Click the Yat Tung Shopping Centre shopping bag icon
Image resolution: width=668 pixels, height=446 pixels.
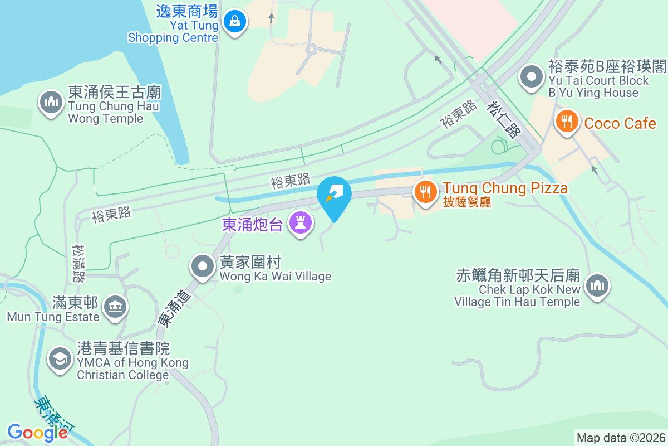coord(235,22)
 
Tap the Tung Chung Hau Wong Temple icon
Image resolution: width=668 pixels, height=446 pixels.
coord(51,102)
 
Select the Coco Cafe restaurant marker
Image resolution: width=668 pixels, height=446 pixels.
coord(567,121)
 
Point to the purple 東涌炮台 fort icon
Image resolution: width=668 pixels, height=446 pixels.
coord(301,224)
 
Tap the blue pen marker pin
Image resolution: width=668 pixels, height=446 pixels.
coord(334,195)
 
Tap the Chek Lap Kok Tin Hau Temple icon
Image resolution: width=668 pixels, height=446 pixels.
coord(597,285)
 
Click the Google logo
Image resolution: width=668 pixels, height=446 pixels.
coord(37,432)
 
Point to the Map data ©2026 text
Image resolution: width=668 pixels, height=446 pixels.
coord(621,438)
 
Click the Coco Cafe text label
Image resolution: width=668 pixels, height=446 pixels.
coord(620,123)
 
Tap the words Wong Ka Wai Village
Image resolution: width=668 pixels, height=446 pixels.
coord(275,276)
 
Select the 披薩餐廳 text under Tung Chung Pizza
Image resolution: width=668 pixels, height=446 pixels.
coord(467,202)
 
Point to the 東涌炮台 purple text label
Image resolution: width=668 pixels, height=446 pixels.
coord(253,224)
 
